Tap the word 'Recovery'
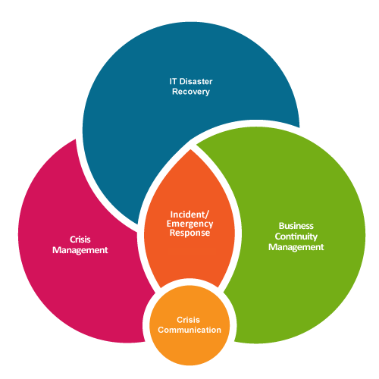[x=189, y=91]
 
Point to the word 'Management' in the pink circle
[x=80, y=249]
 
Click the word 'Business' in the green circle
[x=296, y=225]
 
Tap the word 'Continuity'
[x=296, y=236]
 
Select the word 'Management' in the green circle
[x=296, y=246]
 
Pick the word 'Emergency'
[x=189, y=224]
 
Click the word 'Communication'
[x=189, y=330]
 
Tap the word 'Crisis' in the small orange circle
[x=189, y=320]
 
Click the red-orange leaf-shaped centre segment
[x=189, y=258]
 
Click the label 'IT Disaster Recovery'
[x=189, y=86]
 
